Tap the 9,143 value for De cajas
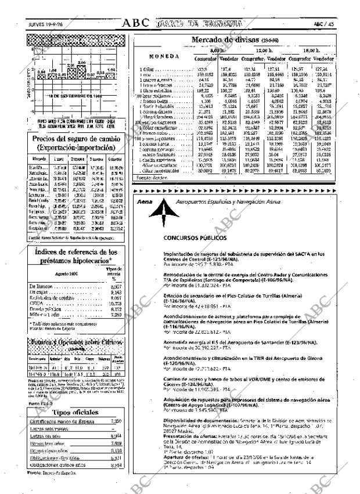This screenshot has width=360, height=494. tap(116, 293)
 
